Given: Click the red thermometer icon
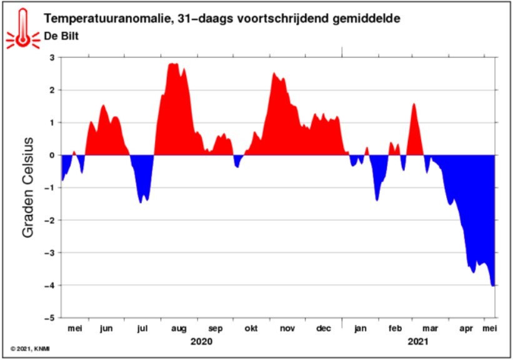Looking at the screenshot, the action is click(23, 29).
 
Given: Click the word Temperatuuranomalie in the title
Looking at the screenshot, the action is click(106, 19).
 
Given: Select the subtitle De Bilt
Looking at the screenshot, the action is click(61, 36).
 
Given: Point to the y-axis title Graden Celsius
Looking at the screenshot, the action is click(28, 187).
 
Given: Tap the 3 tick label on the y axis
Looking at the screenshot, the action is click(52, 57).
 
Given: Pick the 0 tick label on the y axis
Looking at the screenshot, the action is click(52, 155).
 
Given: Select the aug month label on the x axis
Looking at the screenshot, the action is click(179, 329).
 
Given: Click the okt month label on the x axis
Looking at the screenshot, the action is click(251, 328).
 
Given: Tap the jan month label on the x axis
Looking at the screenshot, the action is click(360, 328).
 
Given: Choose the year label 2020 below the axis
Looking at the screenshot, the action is click(201, 342).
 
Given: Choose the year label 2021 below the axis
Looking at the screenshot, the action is click(418, 342).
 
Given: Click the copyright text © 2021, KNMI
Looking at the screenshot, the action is click(30, 349).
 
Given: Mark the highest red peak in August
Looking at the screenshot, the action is click(173, 64).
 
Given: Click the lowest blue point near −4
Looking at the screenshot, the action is click(493, 286).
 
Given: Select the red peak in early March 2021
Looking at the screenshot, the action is click(414, 104).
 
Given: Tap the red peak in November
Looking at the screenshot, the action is click(274, 73).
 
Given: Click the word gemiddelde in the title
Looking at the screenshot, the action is click(366, 19).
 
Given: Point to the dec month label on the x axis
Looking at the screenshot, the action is click(323, 328).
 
